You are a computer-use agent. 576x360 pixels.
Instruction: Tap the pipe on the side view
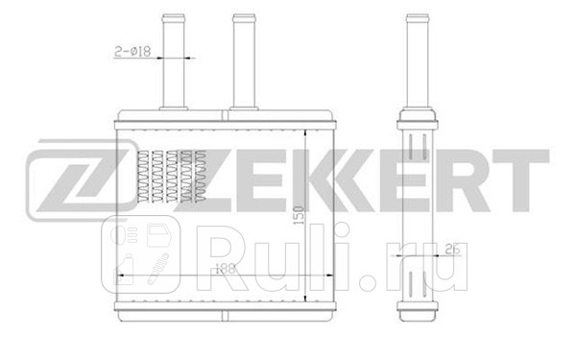point(416,58)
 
